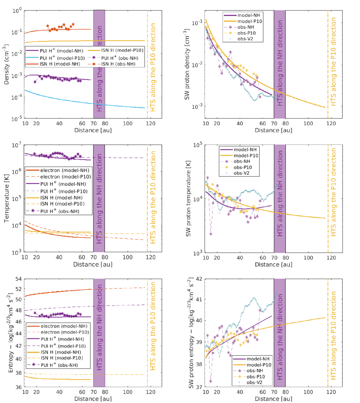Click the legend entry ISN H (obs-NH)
pos(118,64)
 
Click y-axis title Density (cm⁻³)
pos(7,64)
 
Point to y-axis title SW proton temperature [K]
pos(188,199)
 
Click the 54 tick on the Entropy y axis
pos(19,279)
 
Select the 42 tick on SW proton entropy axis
pos(199,279)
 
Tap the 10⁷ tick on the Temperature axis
pos(17,145)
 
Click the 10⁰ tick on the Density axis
pos(17,11)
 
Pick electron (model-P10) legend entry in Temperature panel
pos(65,177)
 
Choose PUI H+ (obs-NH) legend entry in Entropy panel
pos(59,365)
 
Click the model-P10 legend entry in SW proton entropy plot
pos(259,365)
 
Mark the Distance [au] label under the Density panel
pos(93,130)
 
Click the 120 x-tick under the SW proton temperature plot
pos(331,258)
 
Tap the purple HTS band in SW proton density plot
pos(280,64)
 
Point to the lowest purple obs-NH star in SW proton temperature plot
pos(211,234)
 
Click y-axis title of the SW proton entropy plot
pos(192,333)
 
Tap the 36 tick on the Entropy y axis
pos(19,387)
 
